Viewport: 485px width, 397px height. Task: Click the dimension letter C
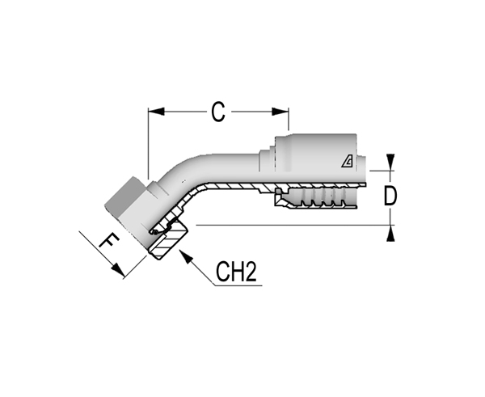pyautogui.click(x=218, y=112)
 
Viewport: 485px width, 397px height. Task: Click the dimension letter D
pyautogui.click(x=390, y=196)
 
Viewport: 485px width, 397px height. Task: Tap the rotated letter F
pyautogui.click(x=109, y=241)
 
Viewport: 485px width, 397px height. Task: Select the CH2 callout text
pyautogui.click(x=236, y=272)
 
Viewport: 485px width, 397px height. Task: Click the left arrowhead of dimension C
pyautogui.click(x=156, y=112)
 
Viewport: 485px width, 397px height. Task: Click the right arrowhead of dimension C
pyautogui.click(x=280, y=112)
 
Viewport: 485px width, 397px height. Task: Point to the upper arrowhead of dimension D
pyautogui.click(x=390, y=163)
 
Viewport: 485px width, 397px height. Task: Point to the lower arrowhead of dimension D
pyautogui.click(x=390, y=234)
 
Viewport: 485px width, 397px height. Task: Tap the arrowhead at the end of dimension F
pyautogui.click(x=118, y=269)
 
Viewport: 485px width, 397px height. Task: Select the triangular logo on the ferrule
pyautogui.click(x=347, y=162)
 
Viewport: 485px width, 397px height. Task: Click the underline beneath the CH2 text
pyautogui.click(x=238, y=285)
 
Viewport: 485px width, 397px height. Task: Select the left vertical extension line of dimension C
pyautogui.click(x=148, y=144)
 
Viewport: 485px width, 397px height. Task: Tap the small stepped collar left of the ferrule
pyautogui.click(x=267, y=160)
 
